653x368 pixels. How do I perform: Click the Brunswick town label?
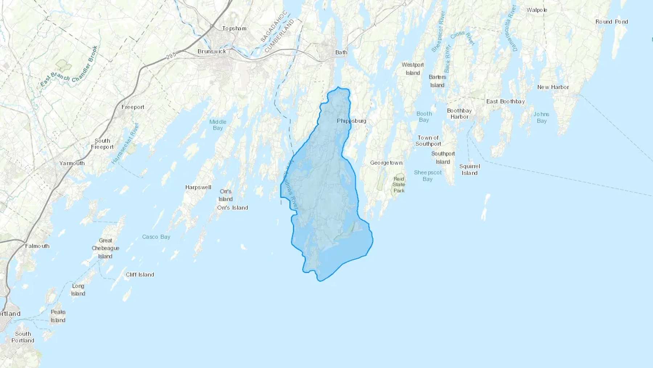coord(212,51)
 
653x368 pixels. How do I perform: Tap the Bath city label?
coord(341,52)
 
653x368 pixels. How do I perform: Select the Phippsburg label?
coord(351,121)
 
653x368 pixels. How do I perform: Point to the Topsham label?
coord(234,28)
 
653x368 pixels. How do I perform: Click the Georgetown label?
coord(386,163)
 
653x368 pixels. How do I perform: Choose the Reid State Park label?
coord(399,185)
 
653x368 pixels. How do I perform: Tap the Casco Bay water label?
coord(156,237)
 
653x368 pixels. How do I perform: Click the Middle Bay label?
coord(218,125)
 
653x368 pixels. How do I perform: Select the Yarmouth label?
coord(72,163)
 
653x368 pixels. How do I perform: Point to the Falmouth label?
coord(37,246)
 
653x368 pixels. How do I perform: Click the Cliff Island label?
coord(140,275)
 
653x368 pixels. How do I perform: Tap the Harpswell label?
coord(198,187)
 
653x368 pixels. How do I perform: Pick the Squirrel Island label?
coord(469,170)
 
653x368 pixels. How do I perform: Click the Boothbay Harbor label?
coord(459,114)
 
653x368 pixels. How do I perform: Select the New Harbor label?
coord(553,87)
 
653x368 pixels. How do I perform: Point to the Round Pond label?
coord(611,22)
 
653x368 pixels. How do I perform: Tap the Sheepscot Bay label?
coord(428,176)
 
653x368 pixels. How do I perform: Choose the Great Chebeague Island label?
coord(105,248)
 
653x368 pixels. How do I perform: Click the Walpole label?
coord(537,10)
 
